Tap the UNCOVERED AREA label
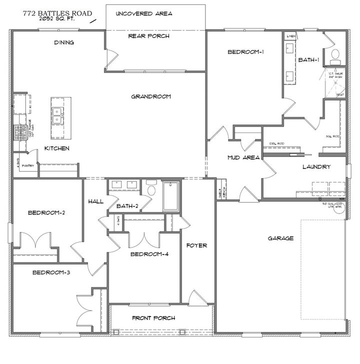coord(144,13)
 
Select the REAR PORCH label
coord(148,36)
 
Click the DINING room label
coord(64,42)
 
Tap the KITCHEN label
coord(56,148)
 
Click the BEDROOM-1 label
coord(245,52)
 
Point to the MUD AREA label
coord(243,157)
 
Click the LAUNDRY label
coord(316,167)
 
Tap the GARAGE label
coord(280,238)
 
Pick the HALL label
coord(95,201)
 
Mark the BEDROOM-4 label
coord(149,254)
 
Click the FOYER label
coord(196,245)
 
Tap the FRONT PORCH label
coord(153,318)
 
